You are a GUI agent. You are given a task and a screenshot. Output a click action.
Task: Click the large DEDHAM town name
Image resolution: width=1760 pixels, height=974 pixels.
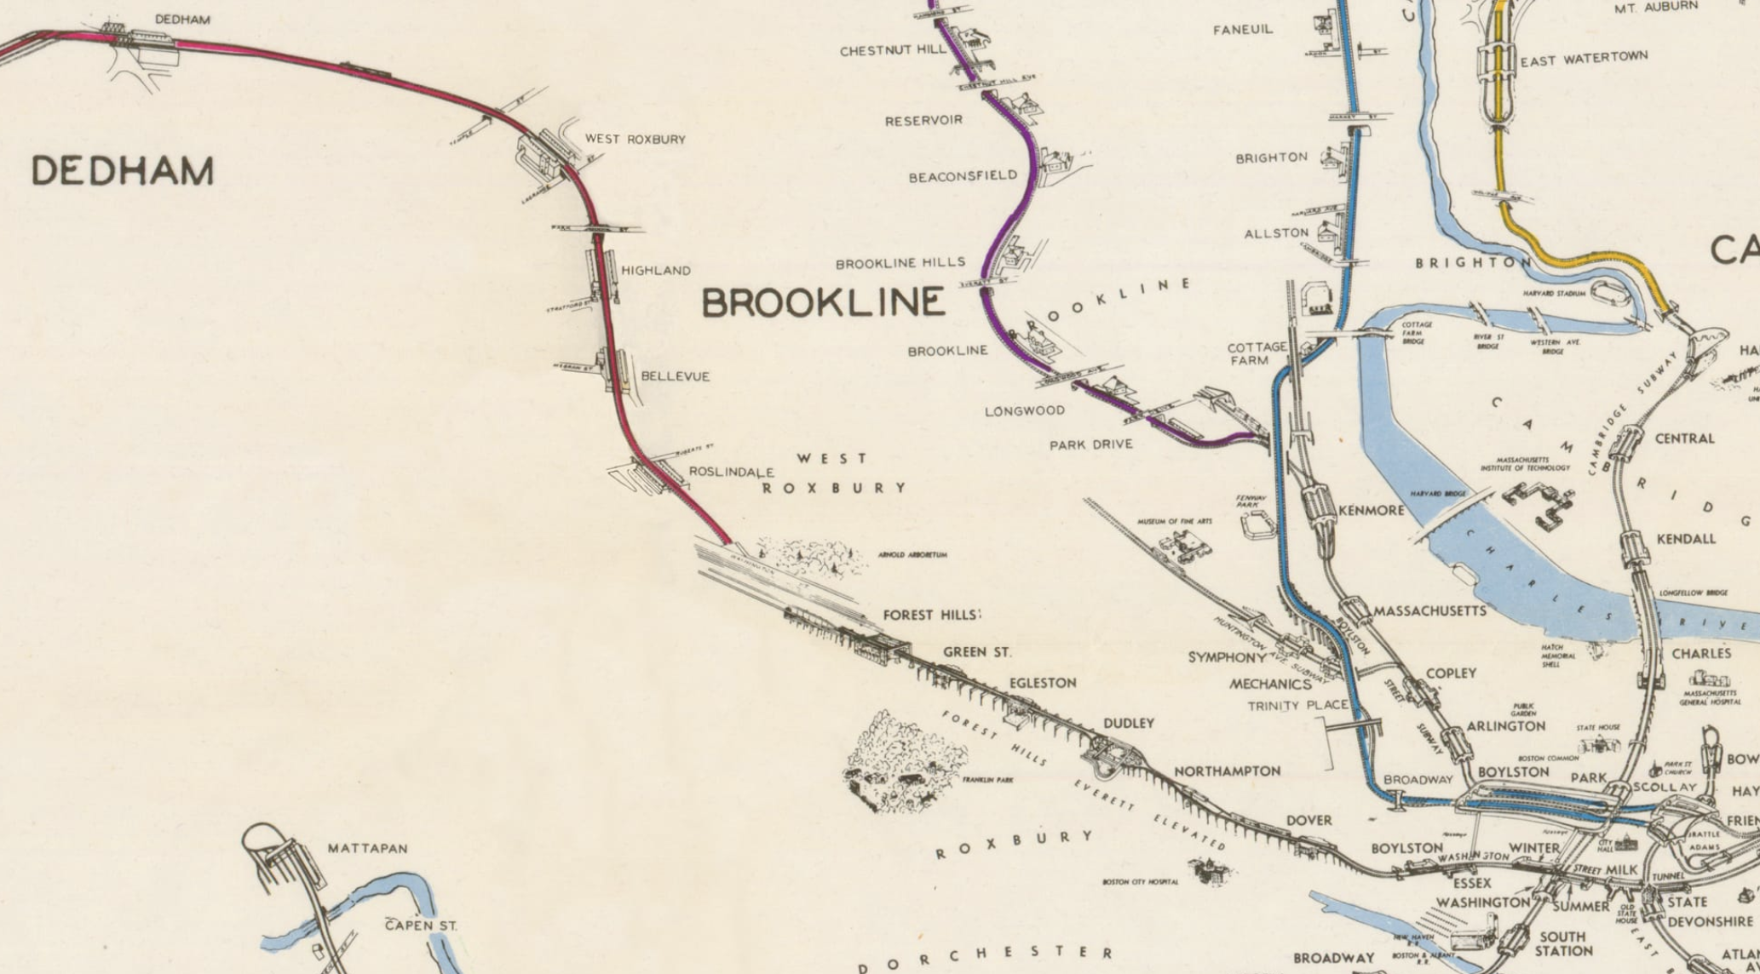coord(123,172)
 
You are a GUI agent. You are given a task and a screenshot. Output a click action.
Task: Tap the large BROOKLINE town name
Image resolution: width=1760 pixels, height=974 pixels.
coord(823,303)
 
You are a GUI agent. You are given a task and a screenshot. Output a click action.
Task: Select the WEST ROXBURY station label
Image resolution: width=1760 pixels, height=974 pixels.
coord(635,140)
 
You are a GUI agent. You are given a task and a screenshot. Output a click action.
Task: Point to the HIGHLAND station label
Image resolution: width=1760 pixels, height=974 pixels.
coord(655,271)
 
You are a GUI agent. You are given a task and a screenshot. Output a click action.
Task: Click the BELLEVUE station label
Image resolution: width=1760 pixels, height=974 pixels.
coord(675,376)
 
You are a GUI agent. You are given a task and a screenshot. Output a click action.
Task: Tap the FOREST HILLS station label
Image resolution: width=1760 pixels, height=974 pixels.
coord(931,615)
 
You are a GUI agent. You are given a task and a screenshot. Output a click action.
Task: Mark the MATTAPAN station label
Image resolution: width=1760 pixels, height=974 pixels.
coord(367,849)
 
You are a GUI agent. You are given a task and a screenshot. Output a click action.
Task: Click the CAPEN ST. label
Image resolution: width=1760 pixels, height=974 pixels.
coord(421,925)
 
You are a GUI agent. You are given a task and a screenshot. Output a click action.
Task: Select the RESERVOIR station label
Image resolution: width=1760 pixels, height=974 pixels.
coord(923,121)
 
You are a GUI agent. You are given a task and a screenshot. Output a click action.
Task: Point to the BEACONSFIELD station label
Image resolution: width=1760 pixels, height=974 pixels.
coord(963,176)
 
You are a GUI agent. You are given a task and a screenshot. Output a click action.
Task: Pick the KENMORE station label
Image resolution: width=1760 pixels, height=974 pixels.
coord(1371,511)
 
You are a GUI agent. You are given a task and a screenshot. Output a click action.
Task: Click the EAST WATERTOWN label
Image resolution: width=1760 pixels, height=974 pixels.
coord(1584,59)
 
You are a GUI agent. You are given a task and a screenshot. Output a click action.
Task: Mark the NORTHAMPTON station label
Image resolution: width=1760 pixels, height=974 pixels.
coord(1227,771)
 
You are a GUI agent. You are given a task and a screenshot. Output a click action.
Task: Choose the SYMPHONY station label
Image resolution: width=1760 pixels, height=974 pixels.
coord(1227,657)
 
